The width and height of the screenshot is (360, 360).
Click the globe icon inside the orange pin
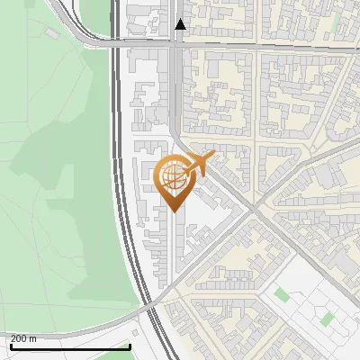tap(172, 177)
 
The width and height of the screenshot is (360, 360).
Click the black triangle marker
tap(181, 24)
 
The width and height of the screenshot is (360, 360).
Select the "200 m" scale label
tap(22, 338)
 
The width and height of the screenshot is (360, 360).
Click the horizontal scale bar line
tap(70, 346)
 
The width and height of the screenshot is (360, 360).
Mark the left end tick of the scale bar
tap(10, 345)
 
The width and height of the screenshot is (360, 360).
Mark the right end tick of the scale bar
tap(130, 345)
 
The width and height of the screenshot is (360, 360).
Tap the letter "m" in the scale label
tap(32, 338)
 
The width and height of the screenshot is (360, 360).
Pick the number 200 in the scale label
tap(18, 338)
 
